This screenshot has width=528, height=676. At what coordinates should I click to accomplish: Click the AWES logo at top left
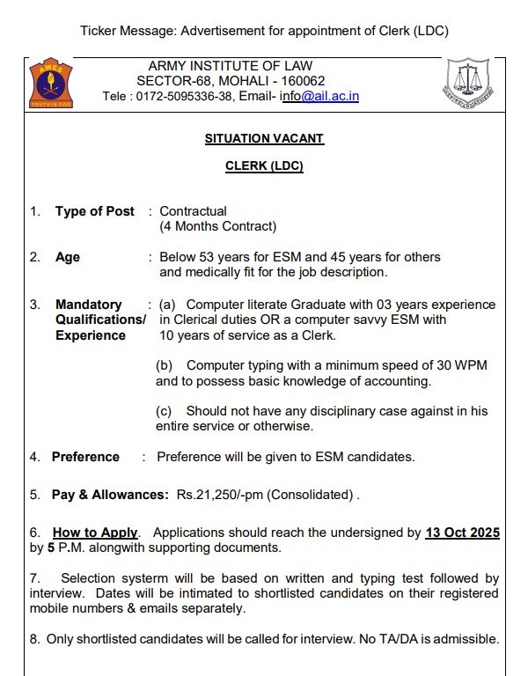coord(51,82)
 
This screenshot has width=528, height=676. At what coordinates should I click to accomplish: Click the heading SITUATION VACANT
coord(264,139)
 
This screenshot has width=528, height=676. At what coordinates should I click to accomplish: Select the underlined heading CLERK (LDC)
coord(264,166)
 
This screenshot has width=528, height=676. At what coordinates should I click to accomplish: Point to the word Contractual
coord(193,211)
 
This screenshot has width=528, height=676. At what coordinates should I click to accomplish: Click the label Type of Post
coord(95,211)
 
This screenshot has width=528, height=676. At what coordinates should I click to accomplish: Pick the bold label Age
coord(68,257)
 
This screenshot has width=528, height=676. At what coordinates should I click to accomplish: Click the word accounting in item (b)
coord(397,381)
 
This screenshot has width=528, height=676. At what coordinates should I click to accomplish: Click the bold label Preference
coord(85,457)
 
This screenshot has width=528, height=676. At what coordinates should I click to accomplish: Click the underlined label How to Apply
coord(95,533)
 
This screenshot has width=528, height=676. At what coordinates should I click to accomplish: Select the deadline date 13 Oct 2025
coord(462,533)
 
